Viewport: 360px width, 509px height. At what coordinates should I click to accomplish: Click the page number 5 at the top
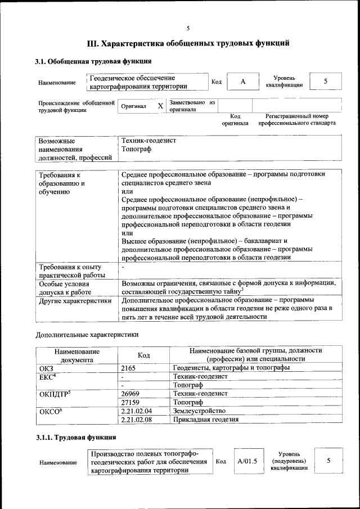click(188, 28)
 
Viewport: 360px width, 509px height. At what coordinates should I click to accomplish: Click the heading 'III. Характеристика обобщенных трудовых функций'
click(188, 43)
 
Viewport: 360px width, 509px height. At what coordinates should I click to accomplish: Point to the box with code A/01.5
click(247, 461)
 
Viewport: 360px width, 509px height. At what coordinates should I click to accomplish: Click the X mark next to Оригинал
click(160, 106)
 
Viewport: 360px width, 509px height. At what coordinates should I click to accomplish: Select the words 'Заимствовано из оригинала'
click(193, 106)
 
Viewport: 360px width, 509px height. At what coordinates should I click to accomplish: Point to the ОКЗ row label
click(46, 367)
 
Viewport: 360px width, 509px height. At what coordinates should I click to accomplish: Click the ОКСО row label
click(49, 411)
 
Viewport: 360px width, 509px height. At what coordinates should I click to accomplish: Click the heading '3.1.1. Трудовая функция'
click(76, 437)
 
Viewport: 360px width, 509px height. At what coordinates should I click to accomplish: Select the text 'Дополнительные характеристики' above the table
click(87, 335)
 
